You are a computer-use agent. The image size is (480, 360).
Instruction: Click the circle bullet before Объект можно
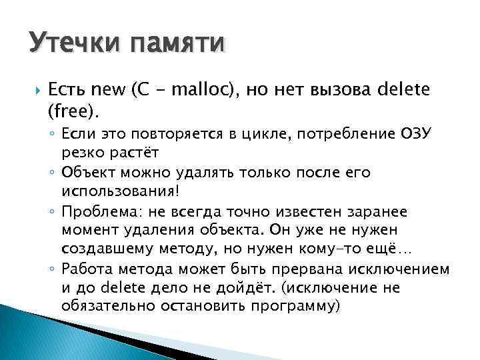(53, 173)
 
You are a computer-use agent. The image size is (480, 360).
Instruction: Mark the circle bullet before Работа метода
(53, 269)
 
